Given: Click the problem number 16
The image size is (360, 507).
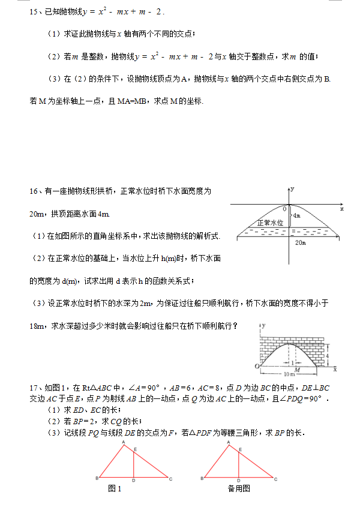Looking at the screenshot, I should click(x=33, y=191).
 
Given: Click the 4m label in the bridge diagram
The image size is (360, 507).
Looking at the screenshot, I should click(x=295, y=215).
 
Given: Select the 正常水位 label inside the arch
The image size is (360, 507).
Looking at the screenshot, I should click(x=269, y=223).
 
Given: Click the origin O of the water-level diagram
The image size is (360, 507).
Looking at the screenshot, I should click(x=285, y=208).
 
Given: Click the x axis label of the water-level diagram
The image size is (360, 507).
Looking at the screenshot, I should click(x=342, y=209).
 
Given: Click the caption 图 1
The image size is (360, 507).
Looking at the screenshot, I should click(x=115, y=488).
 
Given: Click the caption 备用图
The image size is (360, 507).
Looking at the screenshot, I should click(x=239, y=488).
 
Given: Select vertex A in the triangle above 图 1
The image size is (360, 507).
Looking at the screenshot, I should click(x=124, y=442).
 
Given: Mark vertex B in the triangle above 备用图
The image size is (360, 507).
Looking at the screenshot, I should click(x=202, y=478).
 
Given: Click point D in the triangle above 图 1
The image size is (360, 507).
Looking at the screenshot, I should click(x=133, y=480).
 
